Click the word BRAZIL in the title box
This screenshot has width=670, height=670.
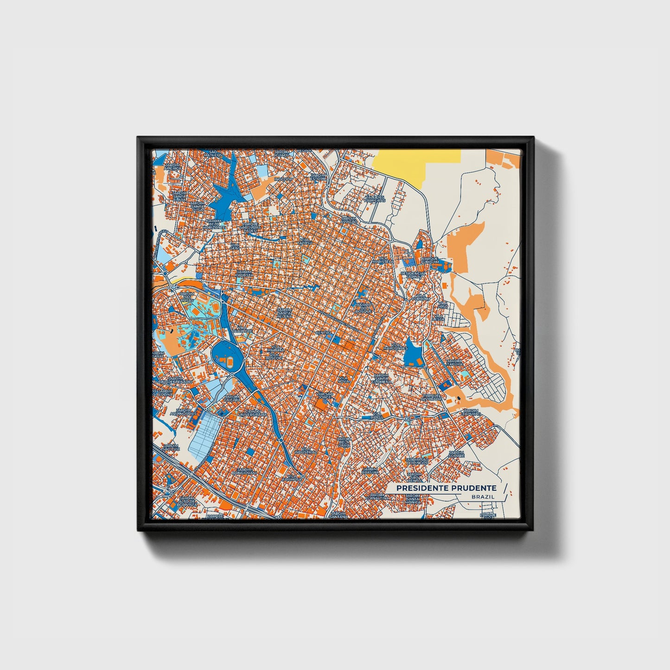pyautogui.click(x=482, y=497)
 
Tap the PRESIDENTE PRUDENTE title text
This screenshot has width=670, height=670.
pyautogui.click(x=446, y=488)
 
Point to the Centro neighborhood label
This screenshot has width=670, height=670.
pyautogui.click(x=323, y=333)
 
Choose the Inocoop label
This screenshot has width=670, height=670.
pyautogui.click(x=283, y=179)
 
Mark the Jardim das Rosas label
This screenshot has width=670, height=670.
pyautogui.click(x=187, y=296)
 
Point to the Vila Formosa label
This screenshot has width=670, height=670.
pyautogui.click(x=294, y=477)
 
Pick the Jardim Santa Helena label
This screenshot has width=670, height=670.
pyautogui.click(x=284, y=311)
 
